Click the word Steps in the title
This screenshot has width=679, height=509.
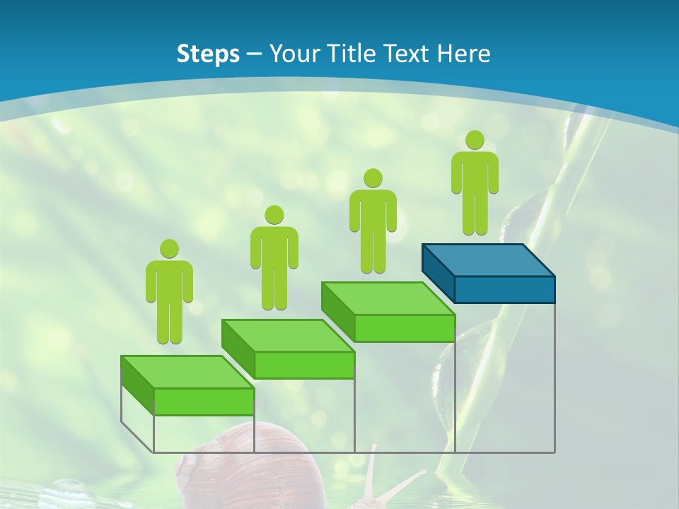click(x=208, y=54)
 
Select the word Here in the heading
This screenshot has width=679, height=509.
click(x=464, y=54)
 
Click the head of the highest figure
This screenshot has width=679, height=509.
click(x=475, y=140)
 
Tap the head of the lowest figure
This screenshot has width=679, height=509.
click(x=169, y=249)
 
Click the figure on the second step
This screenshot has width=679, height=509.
click(x=274, y=257)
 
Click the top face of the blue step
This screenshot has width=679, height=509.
click(x=488, y=259)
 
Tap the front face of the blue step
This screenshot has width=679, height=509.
click(x=504, y=289)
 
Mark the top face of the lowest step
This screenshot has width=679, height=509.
click(x=187, y=372)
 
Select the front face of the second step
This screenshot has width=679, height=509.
click(x=304, y=365)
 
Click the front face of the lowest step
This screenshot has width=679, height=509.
click(x=204, y=402)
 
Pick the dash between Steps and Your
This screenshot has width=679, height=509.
click(x=255, y=54)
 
